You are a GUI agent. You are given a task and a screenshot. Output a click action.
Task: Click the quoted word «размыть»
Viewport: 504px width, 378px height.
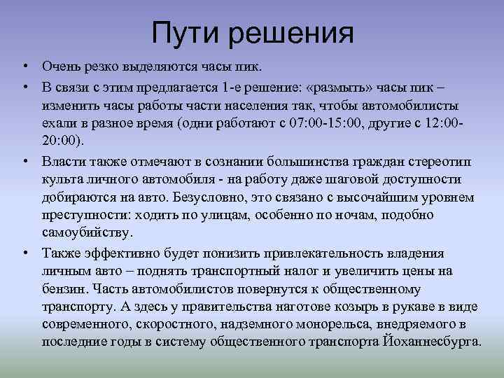click(342, 87)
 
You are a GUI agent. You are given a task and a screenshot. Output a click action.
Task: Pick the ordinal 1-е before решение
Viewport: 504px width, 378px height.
click(231, 87)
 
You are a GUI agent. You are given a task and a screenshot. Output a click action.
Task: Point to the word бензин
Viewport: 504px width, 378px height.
click(62, 288)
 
